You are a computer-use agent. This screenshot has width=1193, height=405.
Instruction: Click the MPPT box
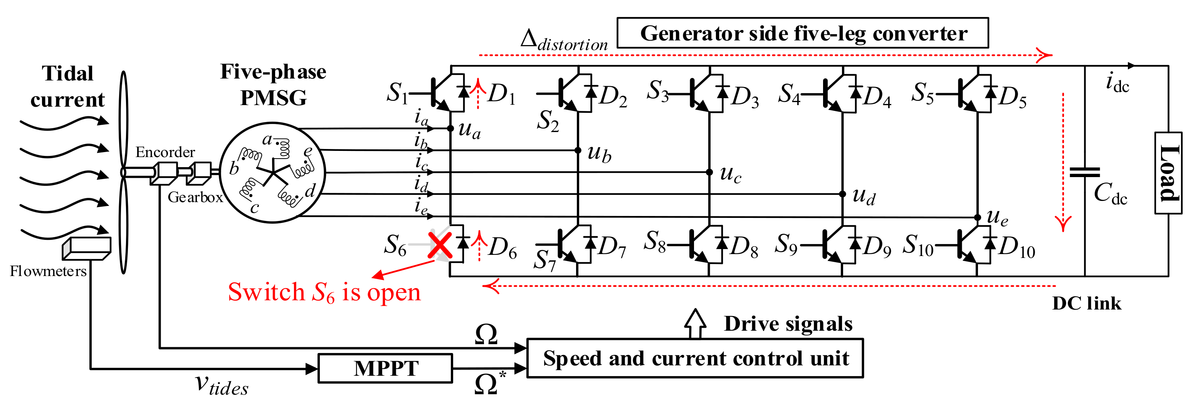[385, 368]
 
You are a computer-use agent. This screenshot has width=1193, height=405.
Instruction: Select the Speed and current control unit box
[695, 359]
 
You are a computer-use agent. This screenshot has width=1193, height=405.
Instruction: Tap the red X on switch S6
[440, 245]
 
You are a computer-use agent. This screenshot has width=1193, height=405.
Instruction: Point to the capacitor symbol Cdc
[1085, 172]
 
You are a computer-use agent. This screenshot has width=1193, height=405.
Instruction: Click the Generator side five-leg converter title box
[803, 33]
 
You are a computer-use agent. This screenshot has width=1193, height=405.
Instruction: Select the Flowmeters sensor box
[87, 248]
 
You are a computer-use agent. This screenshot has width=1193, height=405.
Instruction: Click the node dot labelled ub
[578, 150]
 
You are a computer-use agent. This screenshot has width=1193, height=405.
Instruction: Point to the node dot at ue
[977, 217]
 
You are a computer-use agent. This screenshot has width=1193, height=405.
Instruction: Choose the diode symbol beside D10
[991, 243]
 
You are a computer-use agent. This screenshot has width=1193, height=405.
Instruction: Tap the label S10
[918, 245]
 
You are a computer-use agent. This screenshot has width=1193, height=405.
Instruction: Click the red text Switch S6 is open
[324, 293]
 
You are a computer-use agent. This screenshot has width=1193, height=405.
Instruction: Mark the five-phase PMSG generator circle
[272, 172]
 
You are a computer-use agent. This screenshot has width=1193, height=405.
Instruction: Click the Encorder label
[165, 152]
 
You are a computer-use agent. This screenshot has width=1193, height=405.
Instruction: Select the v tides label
[221, 384]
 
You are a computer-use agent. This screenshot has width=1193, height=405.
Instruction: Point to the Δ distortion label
[564, 41]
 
